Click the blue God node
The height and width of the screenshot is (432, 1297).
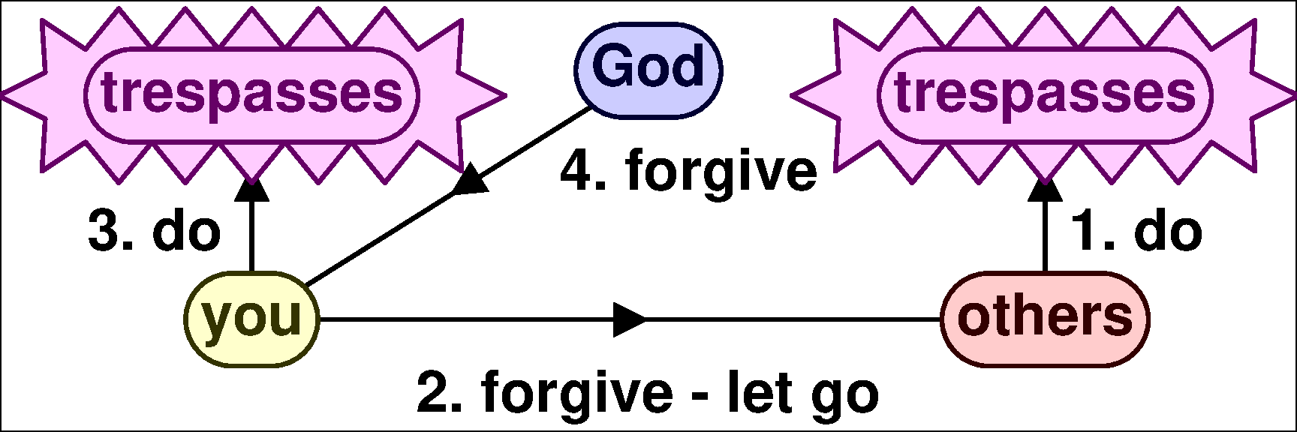coord(648,69)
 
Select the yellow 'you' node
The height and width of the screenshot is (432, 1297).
coord(251,319)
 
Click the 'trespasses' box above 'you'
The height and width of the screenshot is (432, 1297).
coord(252,94)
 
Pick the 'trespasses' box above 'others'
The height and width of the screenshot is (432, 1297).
coord(1045,94)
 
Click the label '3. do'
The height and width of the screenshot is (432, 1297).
coord(155,232)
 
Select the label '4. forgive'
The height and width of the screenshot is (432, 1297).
coord(688,172)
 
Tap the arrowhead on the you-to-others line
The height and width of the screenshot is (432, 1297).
coord(629,320)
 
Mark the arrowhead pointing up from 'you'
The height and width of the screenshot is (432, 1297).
coord(251,190)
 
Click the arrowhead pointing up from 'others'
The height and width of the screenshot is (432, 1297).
coord(1045,190)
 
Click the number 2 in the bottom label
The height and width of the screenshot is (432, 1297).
coord(433,392)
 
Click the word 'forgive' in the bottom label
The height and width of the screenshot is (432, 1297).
coord(576,392)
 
